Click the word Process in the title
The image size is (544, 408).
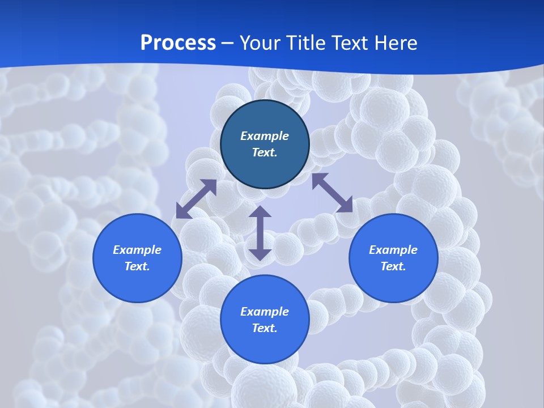pyautogui.click(x=178, y=43)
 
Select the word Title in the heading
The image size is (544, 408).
pyautogui.click(x=309, y=43)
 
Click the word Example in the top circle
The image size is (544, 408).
pyautogui.click(x=265, y=136)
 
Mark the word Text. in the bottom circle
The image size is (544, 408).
pyautogui.click(x=265, y=328)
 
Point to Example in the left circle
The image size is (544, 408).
pyautogui.click(x=137, y=250)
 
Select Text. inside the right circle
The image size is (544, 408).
pyautogui.click(x=393, y=266)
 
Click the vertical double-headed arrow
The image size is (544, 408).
pyautogui.click(x=260, y=233)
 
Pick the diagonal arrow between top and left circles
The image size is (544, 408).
pyautogui.click(x=196, y=199)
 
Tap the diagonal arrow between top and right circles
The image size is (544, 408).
pyautogui.click(x=332, y=193)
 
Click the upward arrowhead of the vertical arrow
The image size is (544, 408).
pyautogui.click(x=260, y=212)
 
